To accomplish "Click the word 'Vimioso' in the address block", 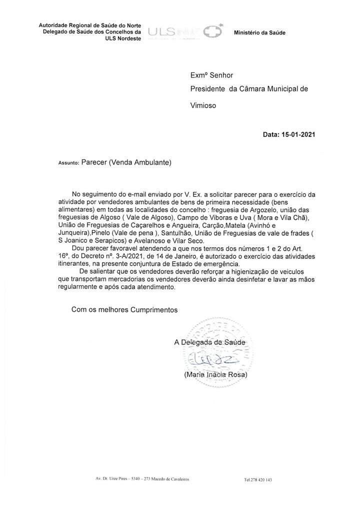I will (x=203, y=107).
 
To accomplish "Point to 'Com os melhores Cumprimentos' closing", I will (x=124, y=309).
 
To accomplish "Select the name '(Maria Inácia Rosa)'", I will (x=215, y=374).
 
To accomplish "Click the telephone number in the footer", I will (x=258, y=479).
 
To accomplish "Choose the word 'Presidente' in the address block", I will (x=208, y=89).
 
